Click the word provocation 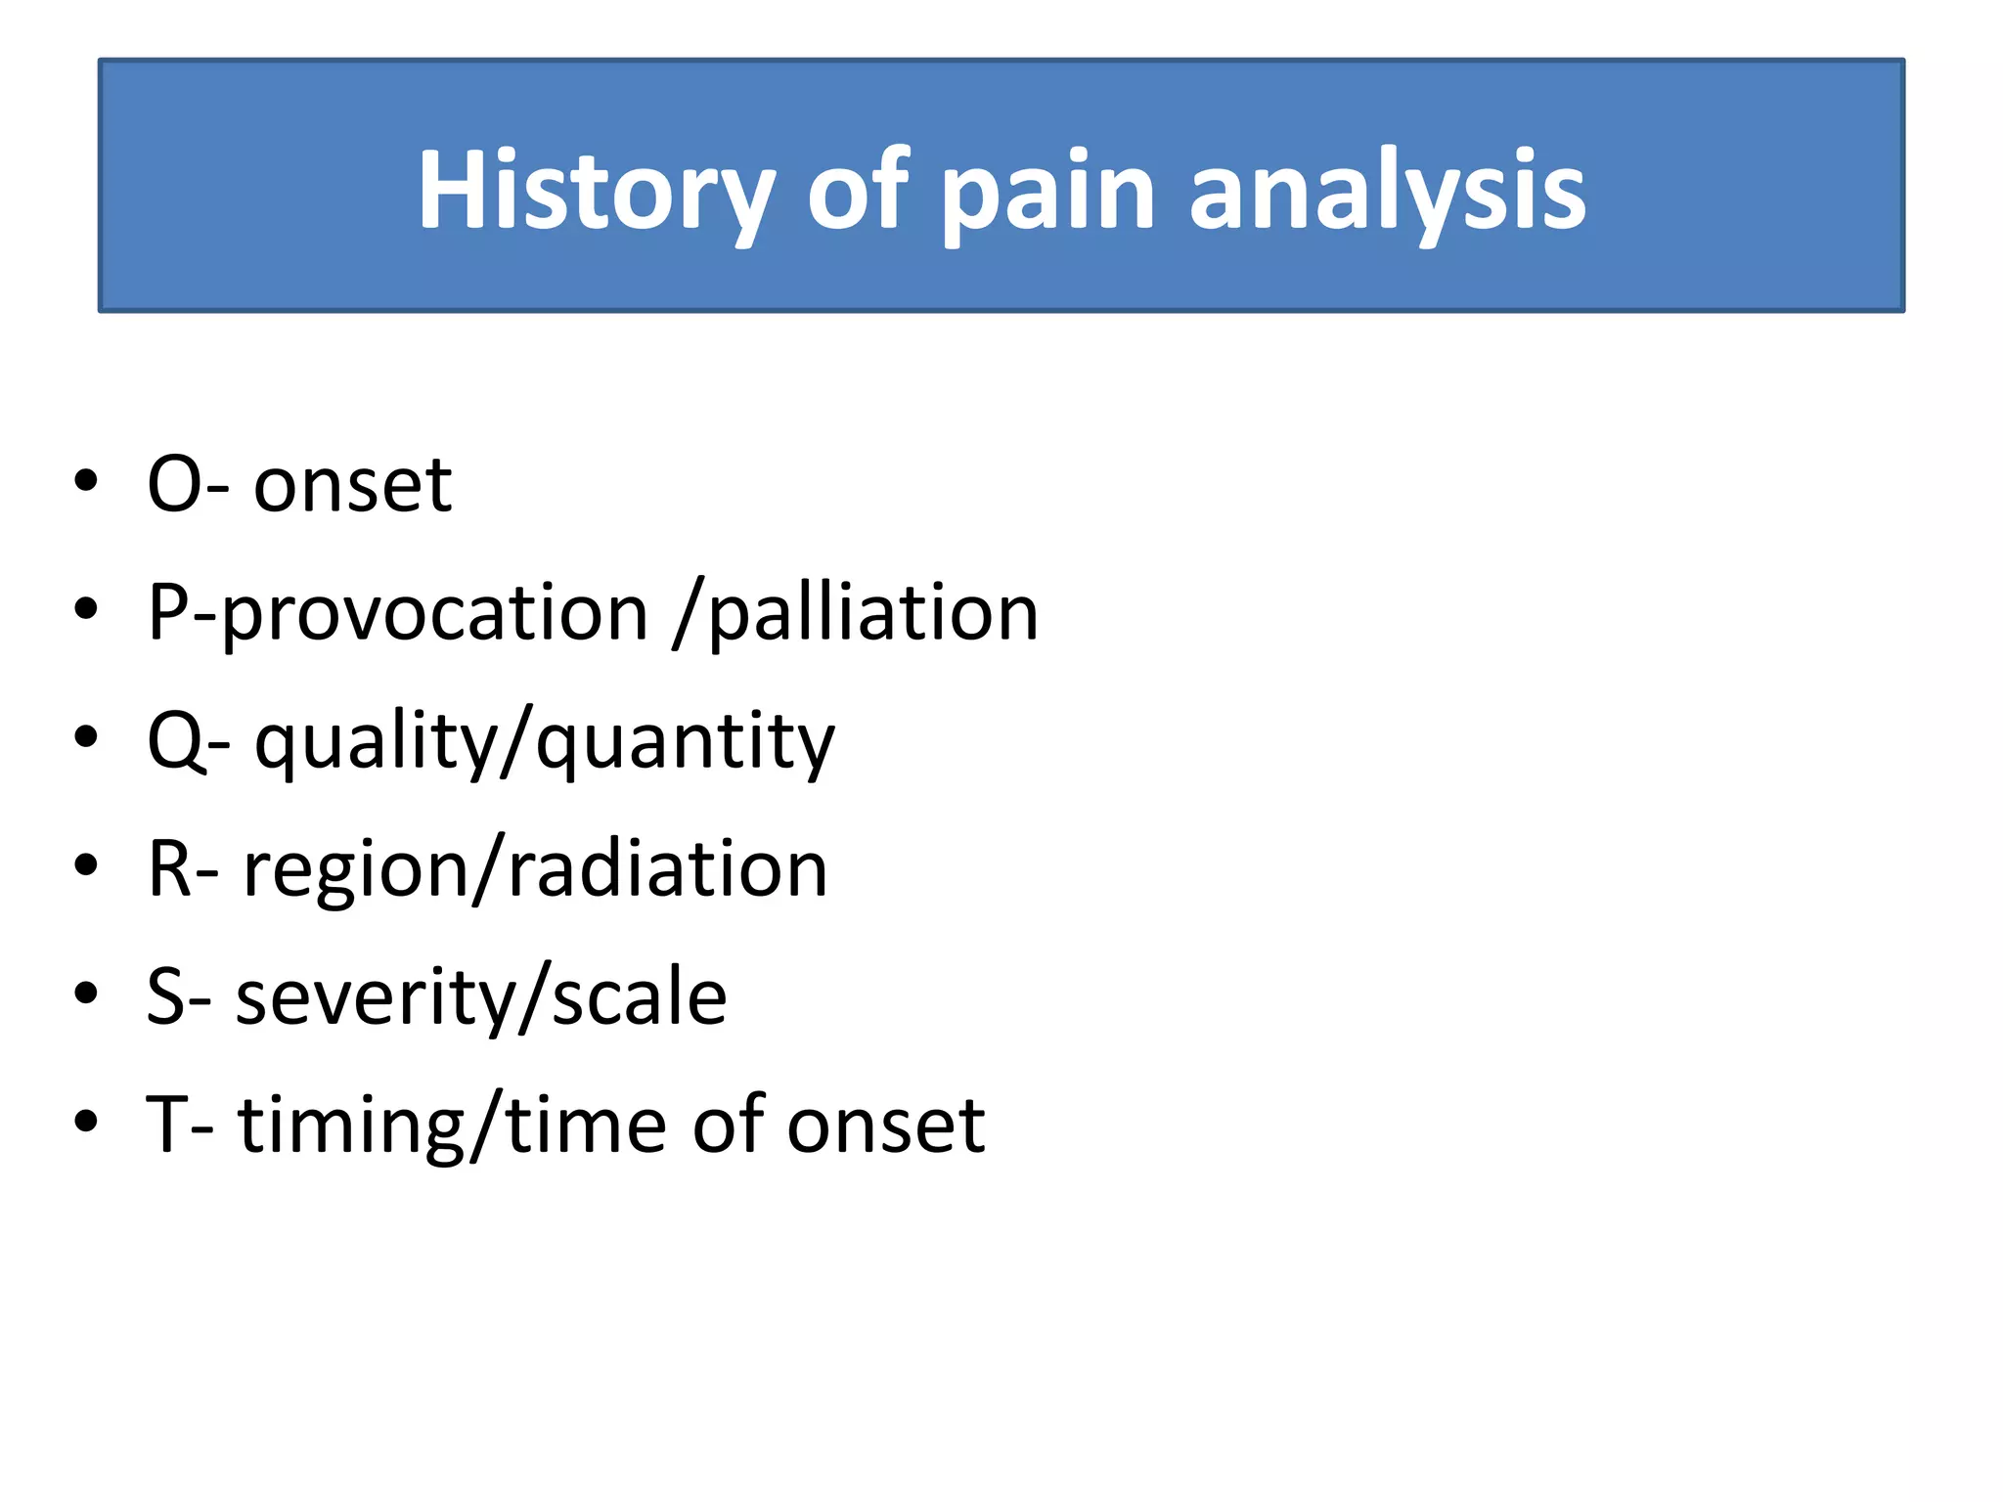[x=435, y=614]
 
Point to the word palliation [x=872, y=614]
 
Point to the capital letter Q [x=175, y=741]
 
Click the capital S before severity [x=165, y=996]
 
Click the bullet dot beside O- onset [x=86, y=481]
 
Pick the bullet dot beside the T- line [x=86, y=1122]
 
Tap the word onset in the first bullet [x=352, y=485]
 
